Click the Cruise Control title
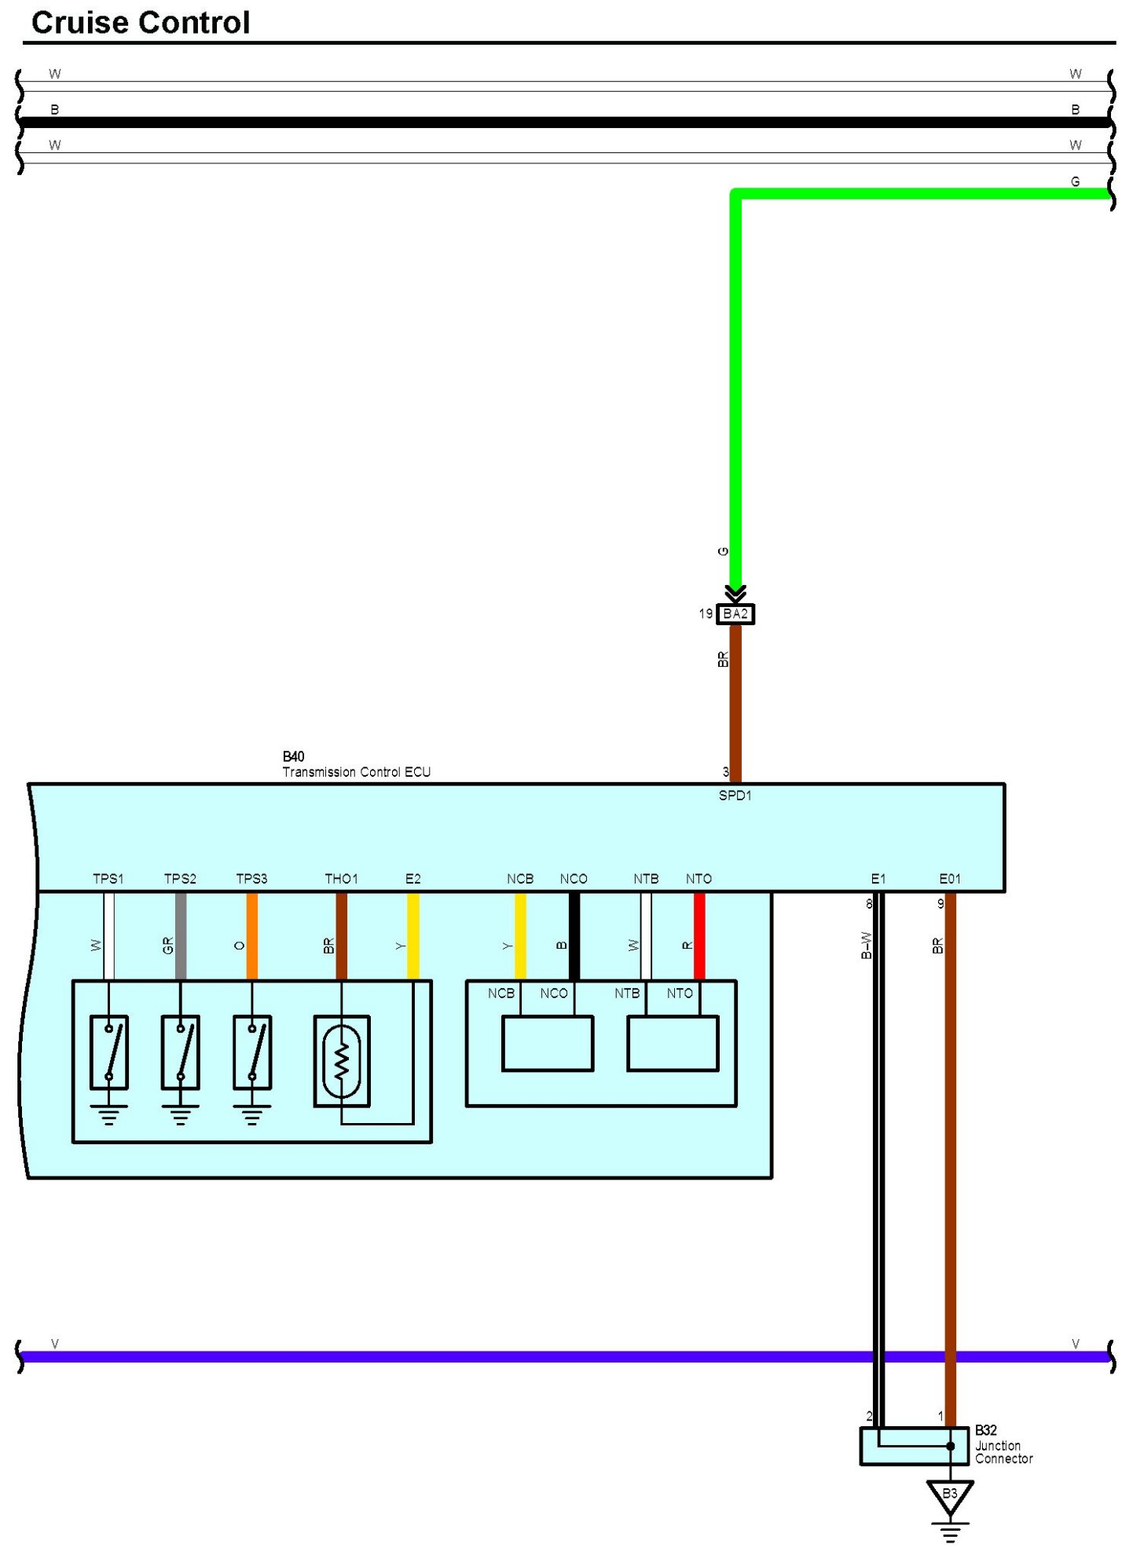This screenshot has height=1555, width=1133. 141,23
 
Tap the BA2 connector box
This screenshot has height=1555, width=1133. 735,613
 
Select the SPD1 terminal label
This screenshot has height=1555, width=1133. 735,796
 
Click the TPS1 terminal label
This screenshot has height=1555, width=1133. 108,879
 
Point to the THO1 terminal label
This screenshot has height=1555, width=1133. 341,879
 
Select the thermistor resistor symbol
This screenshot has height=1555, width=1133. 342,1061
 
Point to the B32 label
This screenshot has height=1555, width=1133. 986,1430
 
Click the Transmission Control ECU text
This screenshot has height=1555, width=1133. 356,772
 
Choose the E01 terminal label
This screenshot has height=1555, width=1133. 950,879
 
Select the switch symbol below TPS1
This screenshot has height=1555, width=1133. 108,1052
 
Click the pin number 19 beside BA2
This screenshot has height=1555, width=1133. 706,613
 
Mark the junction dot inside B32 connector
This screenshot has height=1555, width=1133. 950,1446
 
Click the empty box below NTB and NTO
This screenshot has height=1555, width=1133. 673,1044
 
